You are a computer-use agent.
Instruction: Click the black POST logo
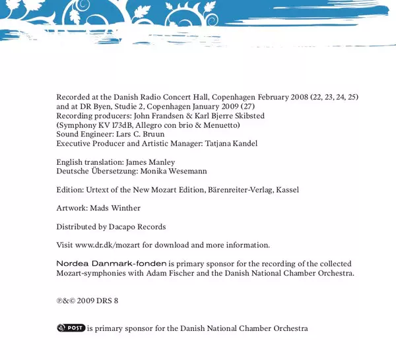coord(71,328)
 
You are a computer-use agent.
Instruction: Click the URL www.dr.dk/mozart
coord(104,245)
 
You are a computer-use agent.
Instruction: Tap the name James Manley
coord(152,162)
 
